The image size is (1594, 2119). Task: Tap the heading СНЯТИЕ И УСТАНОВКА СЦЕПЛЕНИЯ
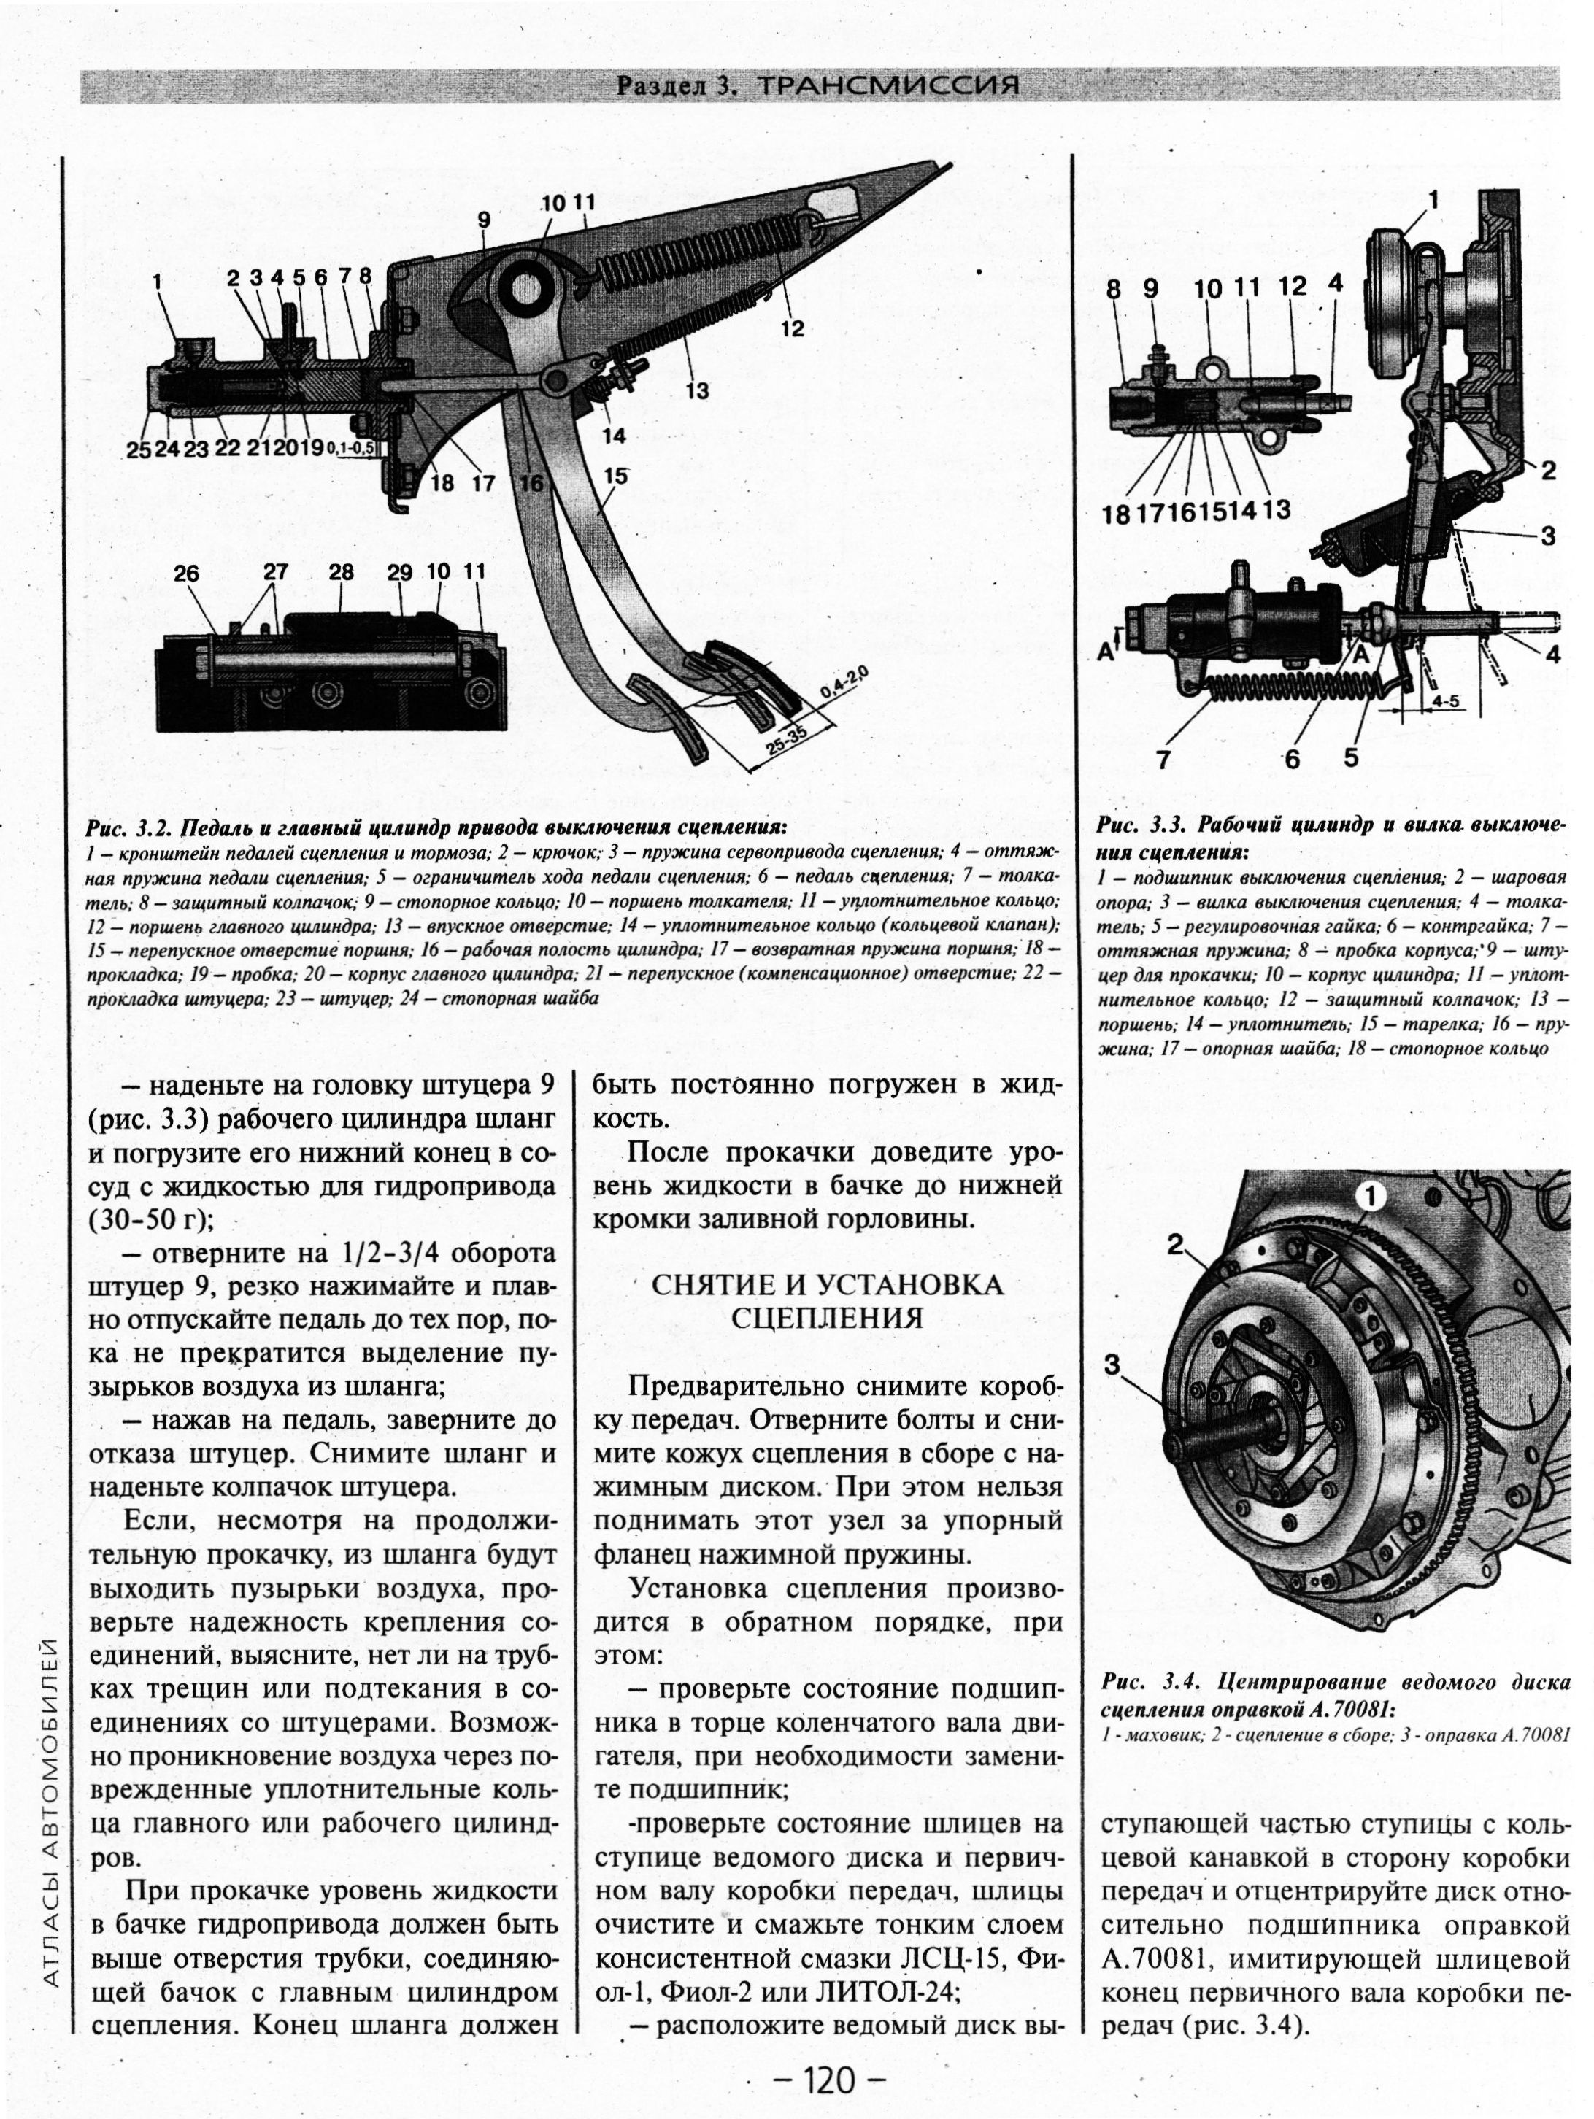tap(827, 1301)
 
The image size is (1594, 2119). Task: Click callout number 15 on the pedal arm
tap(615, 475)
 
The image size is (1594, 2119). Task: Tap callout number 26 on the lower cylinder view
tap(186, 573)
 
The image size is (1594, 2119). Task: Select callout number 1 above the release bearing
tap(1434, 199)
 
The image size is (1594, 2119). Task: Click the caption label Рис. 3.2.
tap(129, 827)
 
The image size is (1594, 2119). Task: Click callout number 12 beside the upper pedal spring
tap(792, 328)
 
